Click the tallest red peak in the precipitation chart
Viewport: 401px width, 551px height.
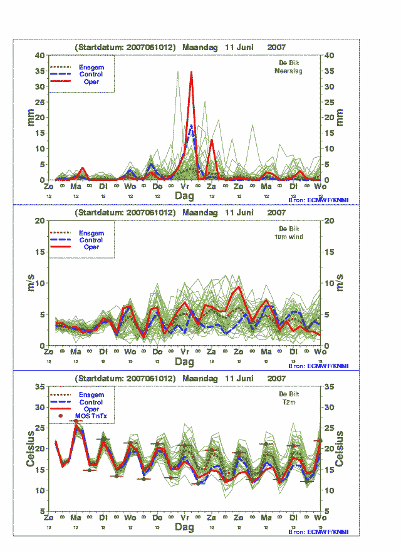pos(191,73)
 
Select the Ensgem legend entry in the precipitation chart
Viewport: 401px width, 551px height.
pos(91,67)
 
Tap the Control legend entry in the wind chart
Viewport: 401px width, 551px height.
pos(91,240)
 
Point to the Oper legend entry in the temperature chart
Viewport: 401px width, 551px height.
pos(91,409)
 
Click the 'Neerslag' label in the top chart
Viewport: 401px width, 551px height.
pos(289,71)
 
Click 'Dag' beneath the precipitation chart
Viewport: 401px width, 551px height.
pos(184,196)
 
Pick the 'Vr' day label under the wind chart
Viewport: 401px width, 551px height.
pos(185,353)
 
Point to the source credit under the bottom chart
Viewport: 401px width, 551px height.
pos(317,532)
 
